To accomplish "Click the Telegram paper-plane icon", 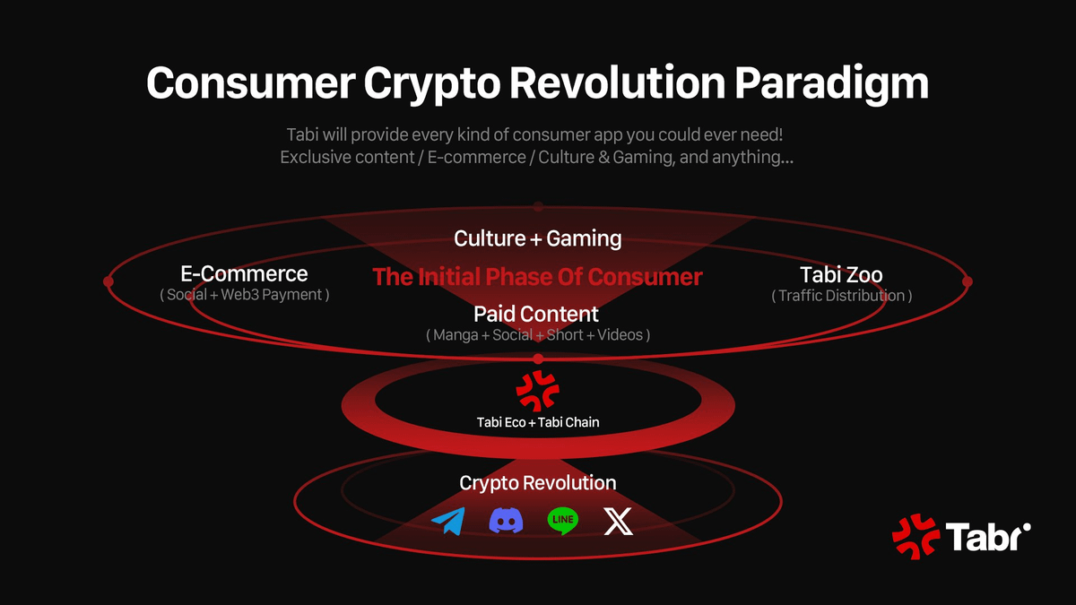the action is (448, 521).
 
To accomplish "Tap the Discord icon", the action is (506, 521).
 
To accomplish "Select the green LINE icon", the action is (563, 521).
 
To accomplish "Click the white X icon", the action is (618, 522).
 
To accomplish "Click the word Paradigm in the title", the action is (831, 84).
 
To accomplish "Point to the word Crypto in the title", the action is (432, 84).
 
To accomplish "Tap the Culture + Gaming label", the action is (537, 238).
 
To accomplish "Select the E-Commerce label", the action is (244, 274).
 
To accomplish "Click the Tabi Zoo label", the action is (842, 275).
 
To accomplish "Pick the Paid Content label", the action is (536, 315).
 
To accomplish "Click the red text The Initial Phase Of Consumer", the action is (537, 277).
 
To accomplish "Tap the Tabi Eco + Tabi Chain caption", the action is (537, 422).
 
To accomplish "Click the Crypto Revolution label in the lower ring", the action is (537, 483).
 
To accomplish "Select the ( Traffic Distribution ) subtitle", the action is (842, 296).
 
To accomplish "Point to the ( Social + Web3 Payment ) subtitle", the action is (245, 295).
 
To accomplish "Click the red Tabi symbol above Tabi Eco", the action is (537, 391).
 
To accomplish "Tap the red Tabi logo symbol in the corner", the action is (915, 536).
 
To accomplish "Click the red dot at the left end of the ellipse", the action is (108, 281).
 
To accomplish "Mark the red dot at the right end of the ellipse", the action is (968, 281).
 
